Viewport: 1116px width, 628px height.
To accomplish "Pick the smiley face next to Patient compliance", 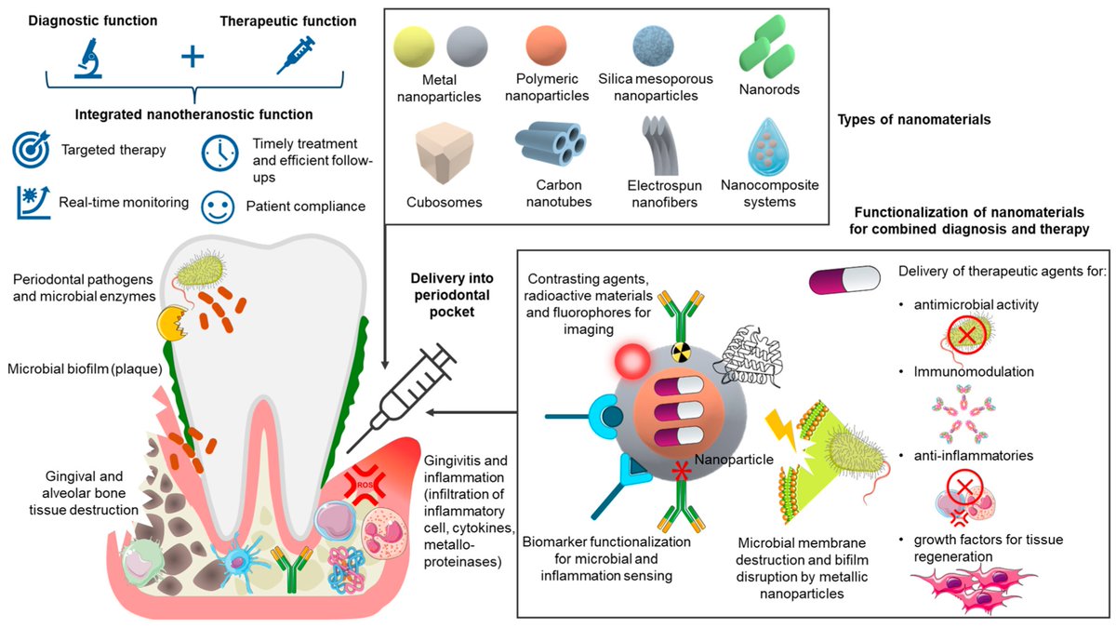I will [219, 206].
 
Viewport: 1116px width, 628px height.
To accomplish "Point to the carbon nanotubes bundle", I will [551, 146].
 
